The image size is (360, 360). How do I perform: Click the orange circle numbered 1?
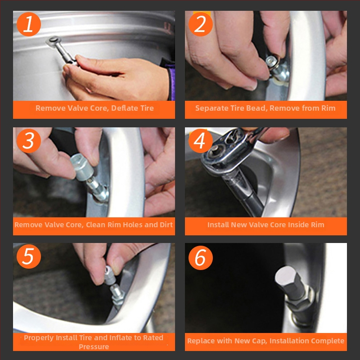pos(29,24)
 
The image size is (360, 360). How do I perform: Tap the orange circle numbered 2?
pos(200,24)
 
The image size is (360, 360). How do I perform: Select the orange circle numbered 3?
pos(29,140)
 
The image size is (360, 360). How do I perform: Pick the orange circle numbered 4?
pos(200,140)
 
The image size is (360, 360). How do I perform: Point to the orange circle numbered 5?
pos(29,256)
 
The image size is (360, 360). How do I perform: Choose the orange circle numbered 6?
pos(200,257)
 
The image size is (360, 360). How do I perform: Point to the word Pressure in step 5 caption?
pos(94,346)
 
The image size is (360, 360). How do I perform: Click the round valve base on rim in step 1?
pos(53,41)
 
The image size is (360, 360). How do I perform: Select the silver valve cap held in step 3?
pos(81,167)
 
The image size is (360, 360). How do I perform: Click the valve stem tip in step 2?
pos(272,61)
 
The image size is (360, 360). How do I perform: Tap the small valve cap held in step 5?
pos(110,275)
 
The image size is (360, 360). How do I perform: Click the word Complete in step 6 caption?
pos(330,341)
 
